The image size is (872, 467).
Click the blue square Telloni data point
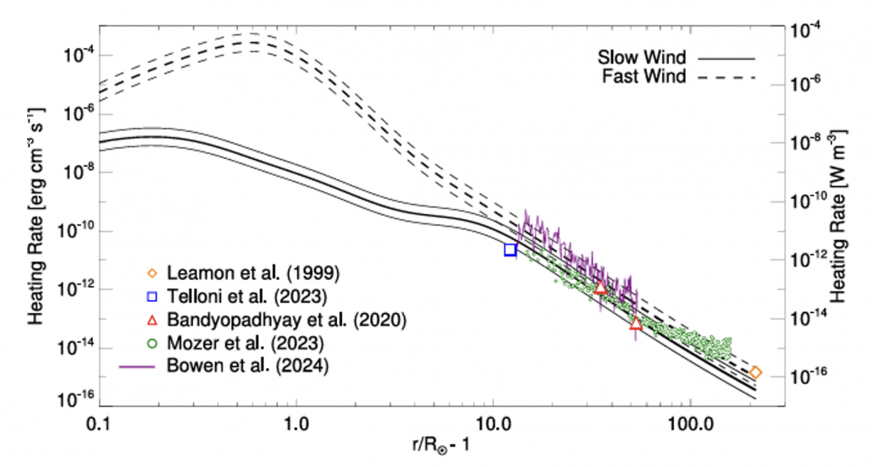[x=511, y=250]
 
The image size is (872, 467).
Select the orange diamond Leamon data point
[x=756, y=372]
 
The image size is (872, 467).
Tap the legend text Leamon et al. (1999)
[x=254, y=273]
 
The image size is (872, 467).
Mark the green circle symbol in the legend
[x=153, y=343]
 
